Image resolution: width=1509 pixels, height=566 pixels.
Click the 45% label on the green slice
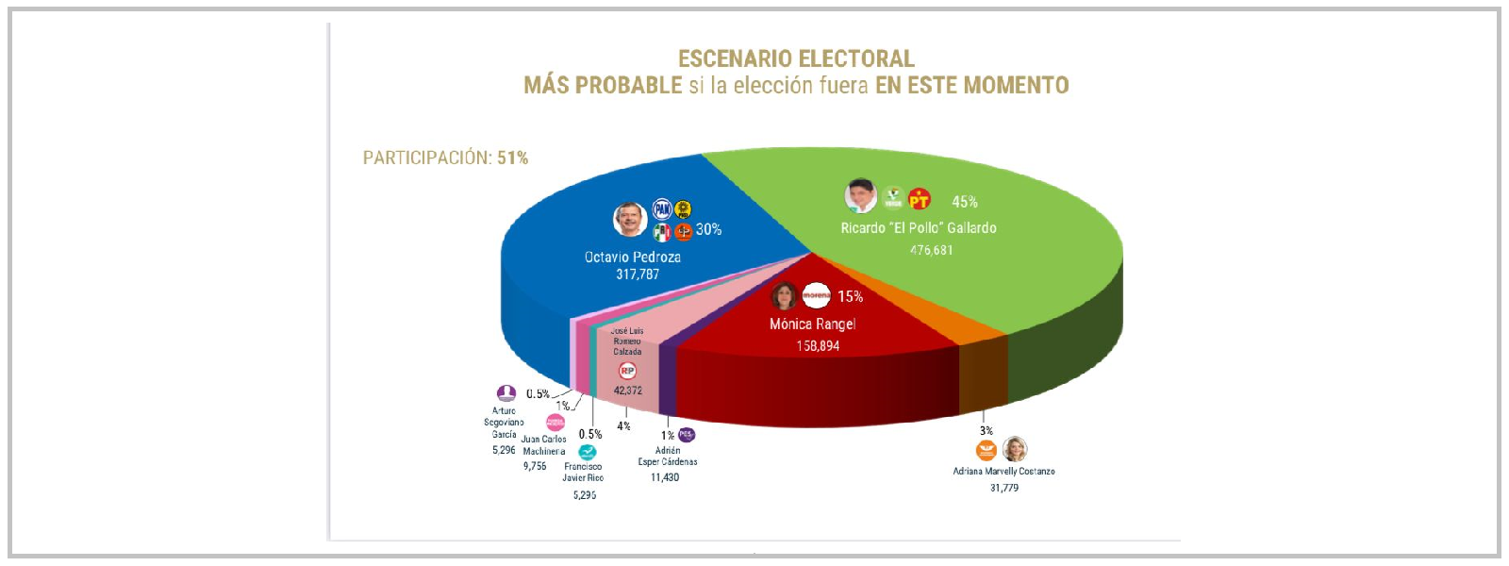pos(964,202)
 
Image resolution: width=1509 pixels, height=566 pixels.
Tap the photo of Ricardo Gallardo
pos(860,196)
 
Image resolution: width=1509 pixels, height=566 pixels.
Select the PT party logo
pos(920,199)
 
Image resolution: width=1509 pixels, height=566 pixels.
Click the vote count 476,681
pos(931,250)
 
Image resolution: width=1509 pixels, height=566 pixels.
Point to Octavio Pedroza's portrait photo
pos(629,219)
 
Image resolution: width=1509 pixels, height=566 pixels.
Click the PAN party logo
pos(662,209)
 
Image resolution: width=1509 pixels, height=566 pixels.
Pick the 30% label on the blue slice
pos(708,229)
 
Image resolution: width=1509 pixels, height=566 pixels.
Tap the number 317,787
pos(638,275)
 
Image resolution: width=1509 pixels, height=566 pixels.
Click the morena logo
pos(816,295)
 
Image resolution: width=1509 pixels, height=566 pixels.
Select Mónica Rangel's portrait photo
pos(784,296)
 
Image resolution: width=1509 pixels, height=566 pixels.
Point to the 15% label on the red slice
pos(850,296)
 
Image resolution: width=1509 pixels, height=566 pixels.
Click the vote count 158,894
pos(818,346)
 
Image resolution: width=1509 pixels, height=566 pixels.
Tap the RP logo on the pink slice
pos(627,371)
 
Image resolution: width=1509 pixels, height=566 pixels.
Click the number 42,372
pos(627,391)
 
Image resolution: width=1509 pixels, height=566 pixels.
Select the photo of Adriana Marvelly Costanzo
pos(1015,449)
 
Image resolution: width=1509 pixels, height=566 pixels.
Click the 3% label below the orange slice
pos(986,431)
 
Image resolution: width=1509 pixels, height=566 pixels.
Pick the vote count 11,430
pos(665,477)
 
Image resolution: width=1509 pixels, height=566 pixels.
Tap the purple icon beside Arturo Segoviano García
pos(506,393)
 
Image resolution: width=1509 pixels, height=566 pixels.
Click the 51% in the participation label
pos(512,158)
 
